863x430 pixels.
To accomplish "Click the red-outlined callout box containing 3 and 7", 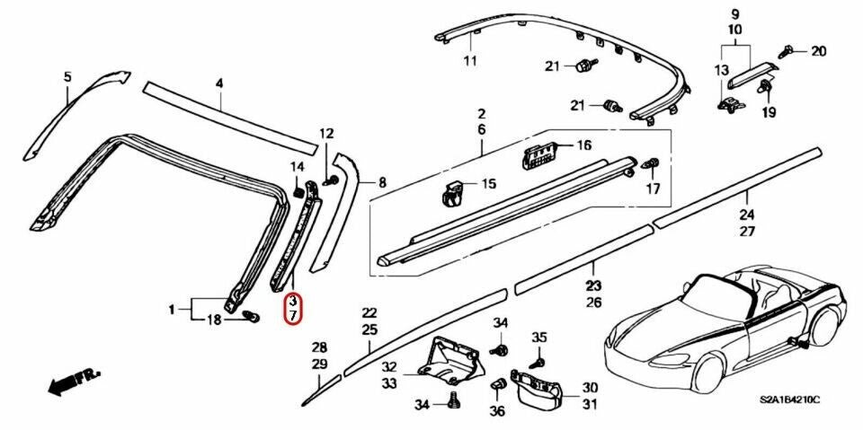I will click(x=294, y=309).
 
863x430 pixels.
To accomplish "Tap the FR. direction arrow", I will click(x=74, y=382).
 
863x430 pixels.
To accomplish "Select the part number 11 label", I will click(x=468, y=61).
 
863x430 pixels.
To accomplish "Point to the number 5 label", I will click(x=66, y=77).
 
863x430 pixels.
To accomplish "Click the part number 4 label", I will click(x=218, y=83).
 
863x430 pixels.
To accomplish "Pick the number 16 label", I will click(x=583, y=145).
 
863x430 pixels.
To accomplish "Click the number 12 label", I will click(x=325, y=135).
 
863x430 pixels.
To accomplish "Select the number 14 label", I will click(x=297, y=166).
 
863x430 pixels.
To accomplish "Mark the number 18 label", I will click(x=213, y=320).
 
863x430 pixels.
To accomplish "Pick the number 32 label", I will click(x=388, y=366).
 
